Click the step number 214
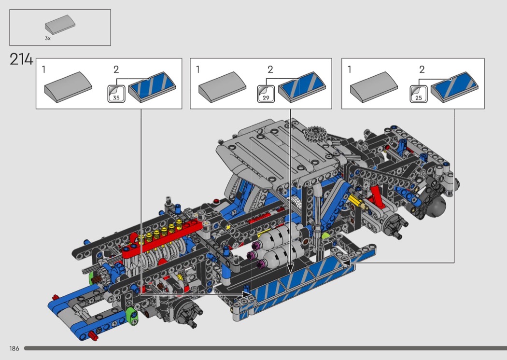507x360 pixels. pyautogui.click(x=21, y=59)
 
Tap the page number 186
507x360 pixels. pyautogui.click(x=14, y=348)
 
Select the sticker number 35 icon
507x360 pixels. pyautogui.click(x=116, y=94)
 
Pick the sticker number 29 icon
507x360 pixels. pyautogui.click(x=266, y=94)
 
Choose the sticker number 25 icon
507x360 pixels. pyautogui.click(x=419, y=94)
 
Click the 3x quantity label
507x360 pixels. pyautogui.click(x=47, y=39)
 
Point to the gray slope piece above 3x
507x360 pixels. pyautogui.click(x=60, y=25)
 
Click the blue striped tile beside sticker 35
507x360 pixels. pyautogui.click(x=152, y=87)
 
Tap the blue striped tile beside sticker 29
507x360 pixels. pyautogui.click(x=302, y=87)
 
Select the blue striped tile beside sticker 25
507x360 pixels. pyautogui.click(x=454, y=87)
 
